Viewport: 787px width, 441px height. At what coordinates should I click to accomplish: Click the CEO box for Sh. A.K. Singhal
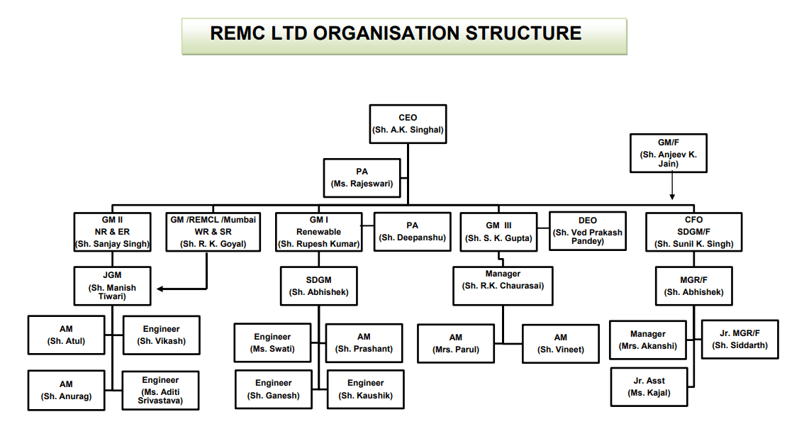pos(408,124)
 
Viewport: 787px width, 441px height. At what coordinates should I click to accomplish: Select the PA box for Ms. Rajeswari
pos(362,178)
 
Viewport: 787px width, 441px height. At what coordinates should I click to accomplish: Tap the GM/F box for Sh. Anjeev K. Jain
pos(669,153)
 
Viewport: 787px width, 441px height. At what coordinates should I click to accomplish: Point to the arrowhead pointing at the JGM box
pos(161,289)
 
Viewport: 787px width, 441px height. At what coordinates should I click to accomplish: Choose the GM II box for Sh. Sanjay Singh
pos(112,232)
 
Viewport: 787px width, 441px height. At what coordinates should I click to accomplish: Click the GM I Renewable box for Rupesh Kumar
pos(318,232)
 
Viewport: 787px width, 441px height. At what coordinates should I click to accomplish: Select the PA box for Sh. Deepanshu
pos(412,232)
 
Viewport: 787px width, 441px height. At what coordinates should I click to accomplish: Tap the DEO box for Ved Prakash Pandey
pos(588,231)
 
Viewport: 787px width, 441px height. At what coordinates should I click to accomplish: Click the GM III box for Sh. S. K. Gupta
pos(498,232)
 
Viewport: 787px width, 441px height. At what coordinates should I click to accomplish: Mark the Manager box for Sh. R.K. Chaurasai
pos(503,286)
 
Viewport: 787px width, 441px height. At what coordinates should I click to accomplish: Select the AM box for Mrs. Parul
pos(455,344)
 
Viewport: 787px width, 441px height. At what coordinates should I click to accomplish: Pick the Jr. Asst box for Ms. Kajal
pos(649,387)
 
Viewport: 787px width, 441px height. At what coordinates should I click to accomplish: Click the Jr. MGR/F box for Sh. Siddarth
pos(739,339)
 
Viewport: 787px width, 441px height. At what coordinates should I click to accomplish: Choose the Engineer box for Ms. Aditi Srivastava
pos(160,391)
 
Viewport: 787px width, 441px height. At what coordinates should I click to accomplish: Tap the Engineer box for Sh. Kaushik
pos(365,389)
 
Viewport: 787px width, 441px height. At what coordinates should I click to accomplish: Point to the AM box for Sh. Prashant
pos(364,343)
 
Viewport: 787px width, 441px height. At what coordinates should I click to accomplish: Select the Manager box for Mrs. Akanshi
pos(648,340)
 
